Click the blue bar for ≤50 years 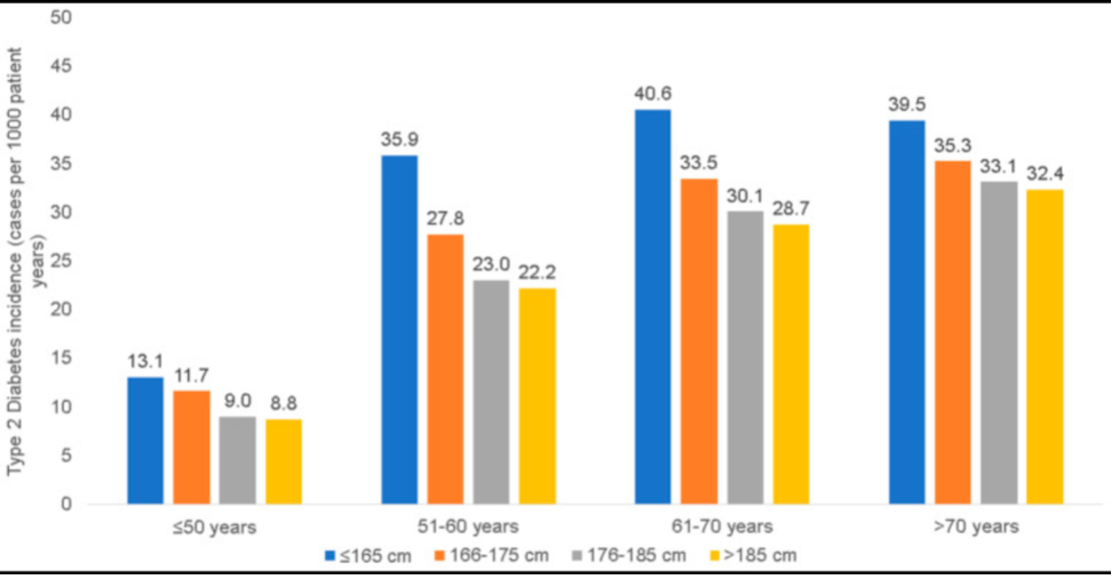tap(146, 441)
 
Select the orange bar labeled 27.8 tap(445, 369)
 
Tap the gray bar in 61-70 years tap(745, 357)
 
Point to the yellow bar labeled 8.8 tap(284, 462)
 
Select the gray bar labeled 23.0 tap(491, 392)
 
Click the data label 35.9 tap(399, 139)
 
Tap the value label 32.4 tap(1044, 173)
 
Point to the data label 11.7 tap(192, 375)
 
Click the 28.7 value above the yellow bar tap(791, 208)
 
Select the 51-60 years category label tap(469, 527)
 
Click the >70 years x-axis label tap(976, 527)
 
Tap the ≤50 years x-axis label tap(215, 527)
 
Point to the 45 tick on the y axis tap(62, 66)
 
